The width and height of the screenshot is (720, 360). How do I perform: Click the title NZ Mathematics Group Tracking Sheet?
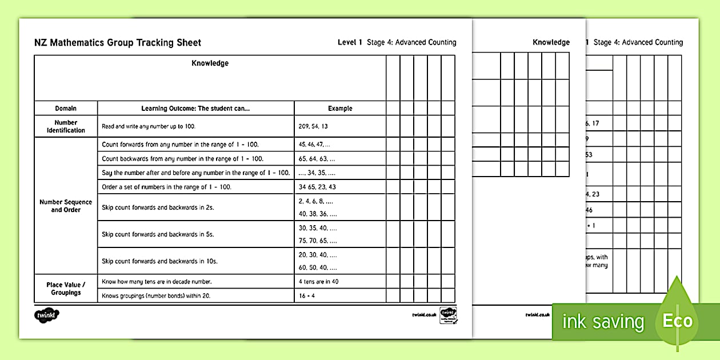click(118, 42)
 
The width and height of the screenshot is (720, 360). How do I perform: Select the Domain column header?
click(66, 108)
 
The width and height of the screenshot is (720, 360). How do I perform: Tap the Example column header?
click(340, 108)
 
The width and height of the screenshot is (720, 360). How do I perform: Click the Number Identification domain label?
click(66, 126)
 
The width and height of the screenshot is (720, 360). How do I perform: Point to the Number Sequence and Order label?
click(66, 206)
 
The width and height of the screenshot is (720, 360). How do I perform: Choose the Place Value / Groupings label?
click(66, 289)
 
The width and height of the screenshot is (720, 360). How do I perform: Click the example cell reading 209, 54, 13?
click(313, 126)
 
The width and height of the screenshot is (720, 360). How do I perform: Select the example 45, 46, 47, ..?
click(314, 145)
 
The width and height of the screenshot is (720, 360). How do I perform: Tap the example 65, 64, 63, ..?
click(317, 159)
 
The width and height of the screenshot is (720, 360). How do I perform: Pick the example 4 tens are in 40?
click(322, 282)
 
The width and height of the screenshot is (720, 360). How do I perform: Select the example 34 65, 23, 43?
click(317, 187)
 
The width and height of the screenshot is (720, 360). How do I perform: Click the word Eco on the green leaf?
click(677, 321)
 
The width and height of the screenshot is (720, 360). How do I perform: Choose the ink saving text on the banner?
click(603, 322)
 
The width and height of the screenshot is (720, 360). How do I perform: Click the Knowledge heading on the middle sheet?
click(551, 42)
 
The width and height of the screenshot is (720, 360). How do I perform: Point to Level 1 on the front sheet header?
click(350, 42)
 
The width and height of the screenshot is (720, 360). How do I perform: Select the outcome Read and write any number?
click(152, 126)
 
